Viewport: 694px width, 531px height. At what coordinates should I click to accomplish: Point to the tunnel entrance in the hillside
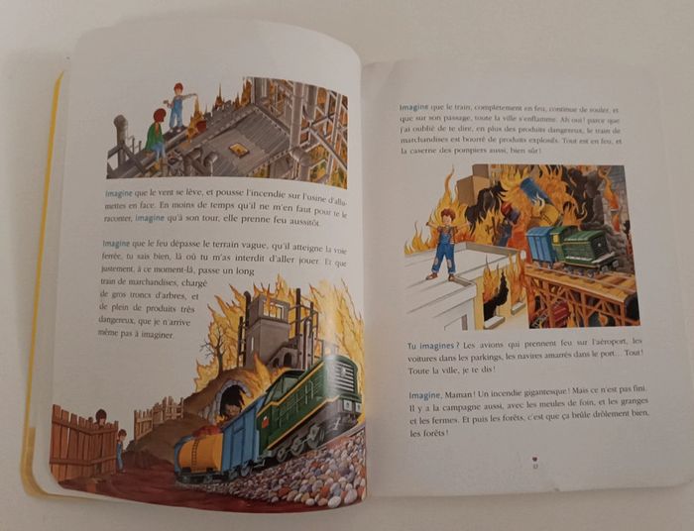tap(231, 395)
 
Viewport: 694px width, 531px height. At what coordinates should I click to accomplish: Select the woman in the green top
tap(156, 133)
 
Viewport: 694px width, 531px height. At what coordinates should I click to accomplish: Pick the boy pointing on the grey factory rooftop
tap(177, 105)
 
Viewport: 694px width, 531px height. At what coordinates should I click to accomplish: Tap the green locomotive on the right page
tap(586, 247)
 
